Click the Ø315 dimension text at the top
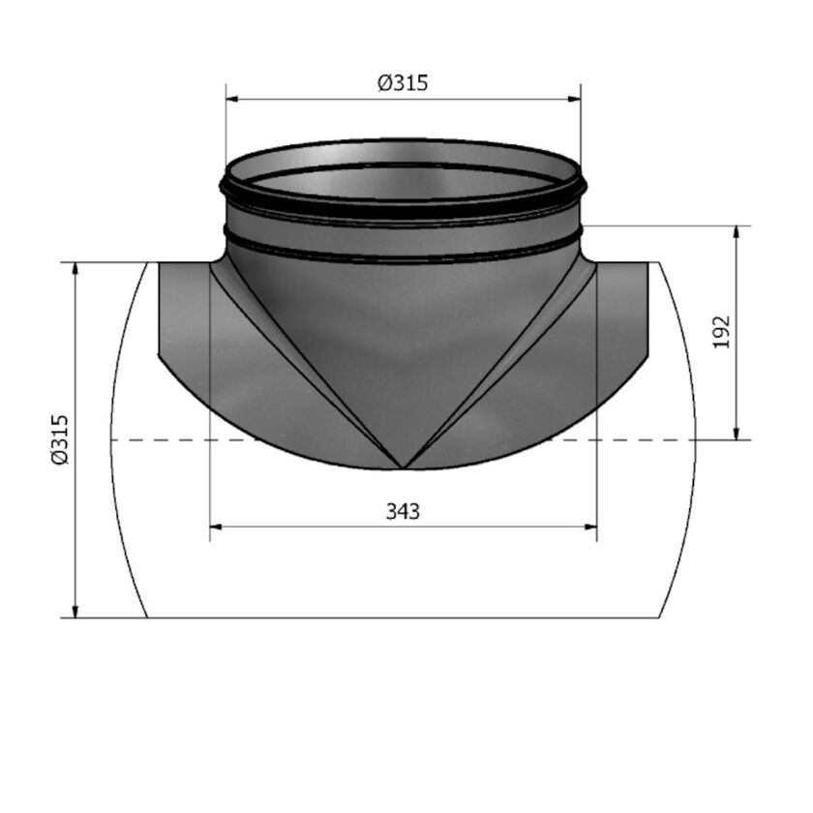402,83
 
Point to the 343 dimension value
403,511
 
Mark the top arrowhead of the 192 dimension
738,233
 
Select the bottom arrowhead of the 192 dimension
738,433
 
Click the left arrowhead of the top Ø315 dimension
233,99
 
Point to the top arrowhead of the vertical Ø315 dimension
75,269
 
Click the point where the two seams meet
403,468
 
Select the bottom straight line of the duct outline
403,617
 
